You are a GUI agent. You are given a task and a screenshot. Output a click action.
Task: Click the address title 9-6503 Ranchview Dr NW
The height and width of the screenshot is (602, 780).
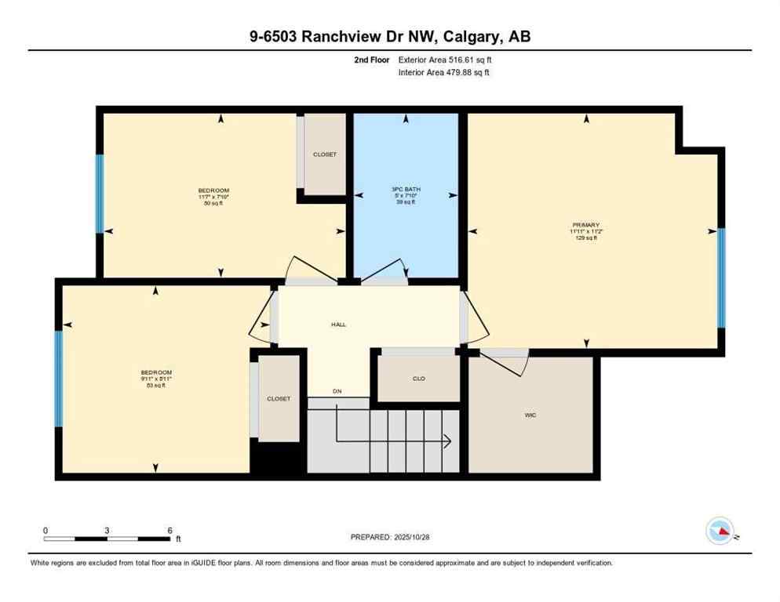coord(390,36)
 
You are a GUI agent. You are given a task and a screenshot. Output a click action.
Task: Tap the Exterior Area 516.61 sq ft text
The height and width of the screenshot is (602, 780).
coord(445,60)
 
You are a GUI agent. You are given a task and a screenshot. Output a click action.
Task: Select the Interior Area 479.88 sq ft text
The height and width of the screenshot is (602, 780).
coord(444,73)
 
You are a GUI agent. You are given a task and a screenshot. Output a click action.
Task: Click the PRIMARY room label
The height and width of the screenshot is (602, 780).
coord(585,225)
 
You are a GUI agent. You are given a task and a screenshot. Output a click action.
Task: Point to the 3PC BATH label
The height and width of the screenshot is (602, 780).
coord(403,189)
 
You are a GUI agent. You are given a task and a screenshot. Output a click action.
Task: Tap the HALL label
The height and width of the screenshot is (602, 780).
coord(338,325)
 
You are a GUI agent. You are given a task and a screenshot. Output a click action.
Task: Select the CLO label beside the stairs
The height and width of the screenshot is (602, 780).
coord(419,379)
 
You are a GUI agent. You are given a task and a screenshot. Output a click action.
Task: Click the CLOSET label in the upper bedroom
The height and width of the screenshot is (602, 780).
coord(324,154)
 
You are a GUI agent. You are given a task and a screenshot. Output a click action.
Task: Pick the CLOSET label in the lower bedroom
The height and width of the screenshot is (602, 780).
coord(278,399)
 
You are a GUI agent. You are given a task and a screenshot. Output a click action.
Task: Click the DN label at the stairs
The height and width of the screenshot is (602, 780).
coord(337,390)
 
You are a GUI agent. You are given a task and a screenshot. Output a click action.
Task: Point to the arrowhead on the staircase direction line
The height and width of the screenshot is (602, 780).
coord(447,441)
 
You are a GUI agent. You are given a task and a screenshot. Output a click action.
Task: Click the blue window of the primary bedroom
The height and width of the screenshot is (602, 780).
coord(721,278)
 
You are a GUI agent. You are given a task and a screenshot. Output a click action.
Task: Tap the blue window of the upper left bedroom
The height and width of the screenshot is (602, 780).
coord(100,194)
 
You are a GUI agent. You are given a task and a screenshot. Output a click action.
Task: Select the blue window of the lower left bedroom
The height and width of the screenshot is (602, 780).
coord(58,379)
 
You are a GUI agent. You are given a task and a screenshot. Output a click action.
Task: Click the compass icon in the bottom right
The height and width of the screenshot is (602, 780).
coord(720,531)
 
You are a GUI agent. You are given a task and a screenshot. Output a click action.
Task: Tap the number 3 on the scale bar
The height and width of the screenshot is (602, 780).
coord(107,530)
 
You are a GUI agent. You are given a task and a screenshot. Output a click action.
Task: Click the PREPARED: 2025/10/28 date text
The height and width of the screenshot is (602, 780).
coord(390,537)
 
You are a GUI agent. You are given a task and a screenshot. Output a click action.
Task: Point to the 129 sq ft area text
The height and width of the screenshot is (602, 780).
coord(585,238)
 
